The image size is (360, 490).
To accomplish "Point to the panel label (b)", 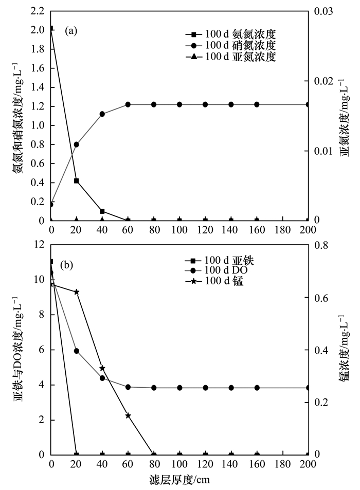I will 67,266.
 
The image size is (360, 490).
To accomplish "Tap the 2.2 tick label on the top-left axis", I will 38,11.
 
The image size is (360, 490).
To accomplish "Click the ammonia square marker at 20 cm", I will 77,181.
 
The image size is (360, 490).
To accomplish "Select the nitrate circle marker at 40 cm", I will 102,114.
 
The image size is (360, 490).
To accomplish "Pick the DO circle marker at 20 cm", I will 77,351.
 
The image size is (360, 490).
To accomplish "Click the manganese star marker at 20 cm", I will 77,292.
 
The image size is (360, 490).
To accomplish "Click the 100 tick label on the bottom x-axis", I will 179,464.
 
